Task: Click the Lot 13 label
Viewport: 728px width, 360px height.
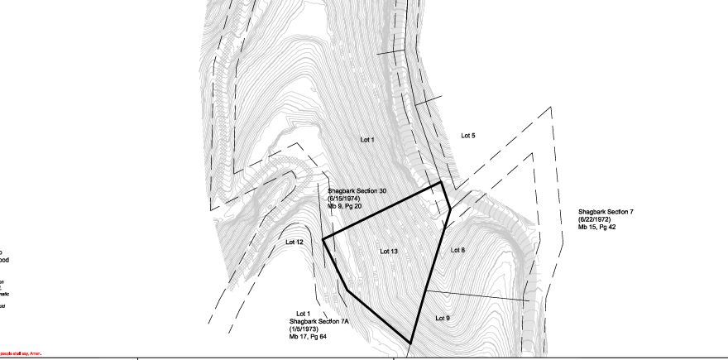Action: pos(389,251)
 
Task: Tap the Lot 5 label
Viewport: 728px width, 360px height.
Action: pos(468,135)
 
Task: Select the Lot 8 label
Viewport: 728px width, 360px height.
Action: pos(457,249)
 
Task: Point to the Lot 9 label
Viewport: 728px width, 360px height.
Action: pos(443,318)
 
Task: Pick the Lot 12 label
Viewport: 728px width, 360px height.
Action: pos(295,242)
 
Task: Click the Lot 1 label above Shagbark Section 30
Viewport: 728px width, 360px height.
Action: pos(367,140)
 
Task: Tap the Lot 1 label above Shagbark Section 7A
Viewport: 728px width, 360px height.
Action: pos(303,314)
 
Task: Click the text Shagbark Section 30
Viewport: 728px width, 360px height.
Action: pos(357,191)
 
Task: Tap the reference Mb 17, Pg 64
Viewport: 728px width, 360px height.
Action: pos(308,336)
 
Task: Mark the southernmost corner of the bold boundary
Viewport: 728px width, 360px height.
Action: pos(411,342)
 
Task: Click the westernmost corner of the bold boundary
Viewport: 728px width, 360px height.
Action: pos(323,239)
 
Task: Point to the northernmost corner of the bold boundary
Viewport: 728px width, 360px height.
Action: pos(442,182)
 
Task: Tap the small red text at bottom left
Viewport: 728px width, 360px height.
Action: pos(21,354)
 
